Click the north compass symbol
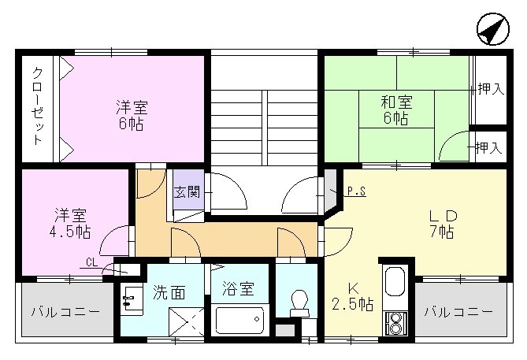(x=494, y=31)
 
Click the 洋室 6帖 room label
(x=131, y=115)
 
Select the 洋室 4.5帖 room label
(x=72, y=223)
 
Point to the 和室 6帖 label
(x=395, y=109)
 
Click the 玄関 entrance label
(x=187, y=191)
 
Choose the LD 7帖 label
(x=441, y=223)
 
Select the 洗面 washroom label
(x=169, y=292)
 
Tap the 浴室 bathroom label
(x=237, y=289)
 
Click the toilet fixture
(x=299, y=302)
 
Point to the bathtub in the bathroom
(x=239, y=321)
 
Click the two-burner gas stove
(x=394, y=322)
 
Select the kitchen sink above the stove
(x=394, y=281)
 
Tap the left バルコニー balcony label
(x=65, y=312)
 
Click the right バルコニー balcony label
(x=458, y=312)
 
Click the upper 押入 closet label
(x=491, y=89)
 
